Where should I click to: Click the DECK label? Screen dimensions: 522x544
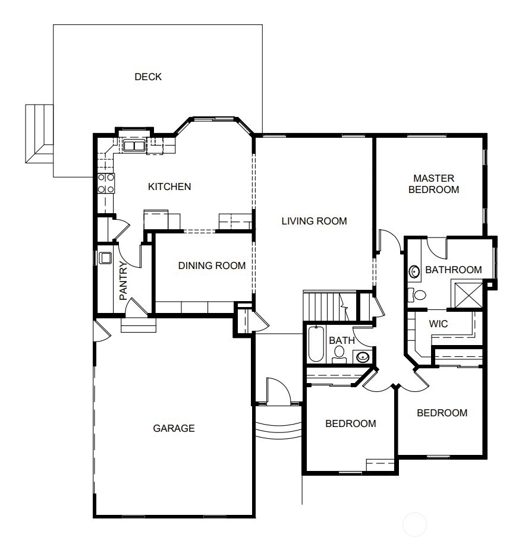(x=148, y=77)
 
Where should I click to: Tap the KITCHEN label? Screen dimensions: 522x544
(x=169, y=186)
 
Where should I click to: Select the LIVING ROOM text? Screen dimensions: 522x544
(x=315, y=221)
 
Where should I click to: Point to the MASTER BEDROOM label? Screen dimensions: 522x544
(x=434, y=184)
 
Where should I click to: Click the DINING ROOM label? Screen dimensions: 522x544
(x=212, y=265)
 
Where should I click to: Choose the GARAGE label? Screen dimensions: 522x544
(x=174, y=428)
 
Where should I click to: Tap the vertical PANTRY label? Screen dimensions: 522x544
(x=123, y=281)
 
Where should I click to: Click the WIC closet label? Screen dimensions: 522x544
(x=438, y=324)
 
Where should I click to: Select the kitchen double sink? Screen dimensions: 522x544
(x=134, y=146)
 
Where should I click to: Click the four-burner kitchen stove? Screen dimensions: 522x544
(x=106, y=184)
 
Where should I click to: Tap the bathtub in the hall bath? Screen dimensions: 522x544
(x=316, y=343)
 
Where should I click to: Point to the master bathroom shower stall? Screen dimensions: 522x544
(x=468, y=295)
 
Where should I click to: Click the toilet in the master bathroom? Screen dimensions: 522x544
(x=417, y=295)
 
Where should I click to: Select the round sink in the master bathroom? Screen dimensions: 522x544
(x=414, y=271)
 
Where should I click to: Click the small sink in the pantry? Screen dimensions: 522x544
(x=105, y=258)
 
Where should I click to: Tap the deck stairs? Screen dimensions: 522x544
(x=39, y=134)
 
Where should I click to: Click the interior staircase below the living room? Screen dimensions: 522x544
(x=330, y=306)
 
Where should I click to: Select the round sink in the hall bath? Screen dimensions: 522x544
(x=363, y=357)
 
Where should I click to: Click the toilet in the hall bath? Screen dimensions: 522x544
(x=339, y=355)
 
